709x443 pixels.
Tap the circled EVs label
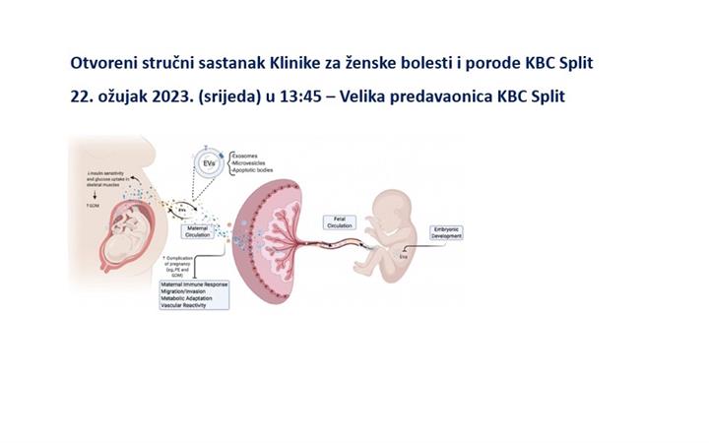(x=206, y=162)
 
